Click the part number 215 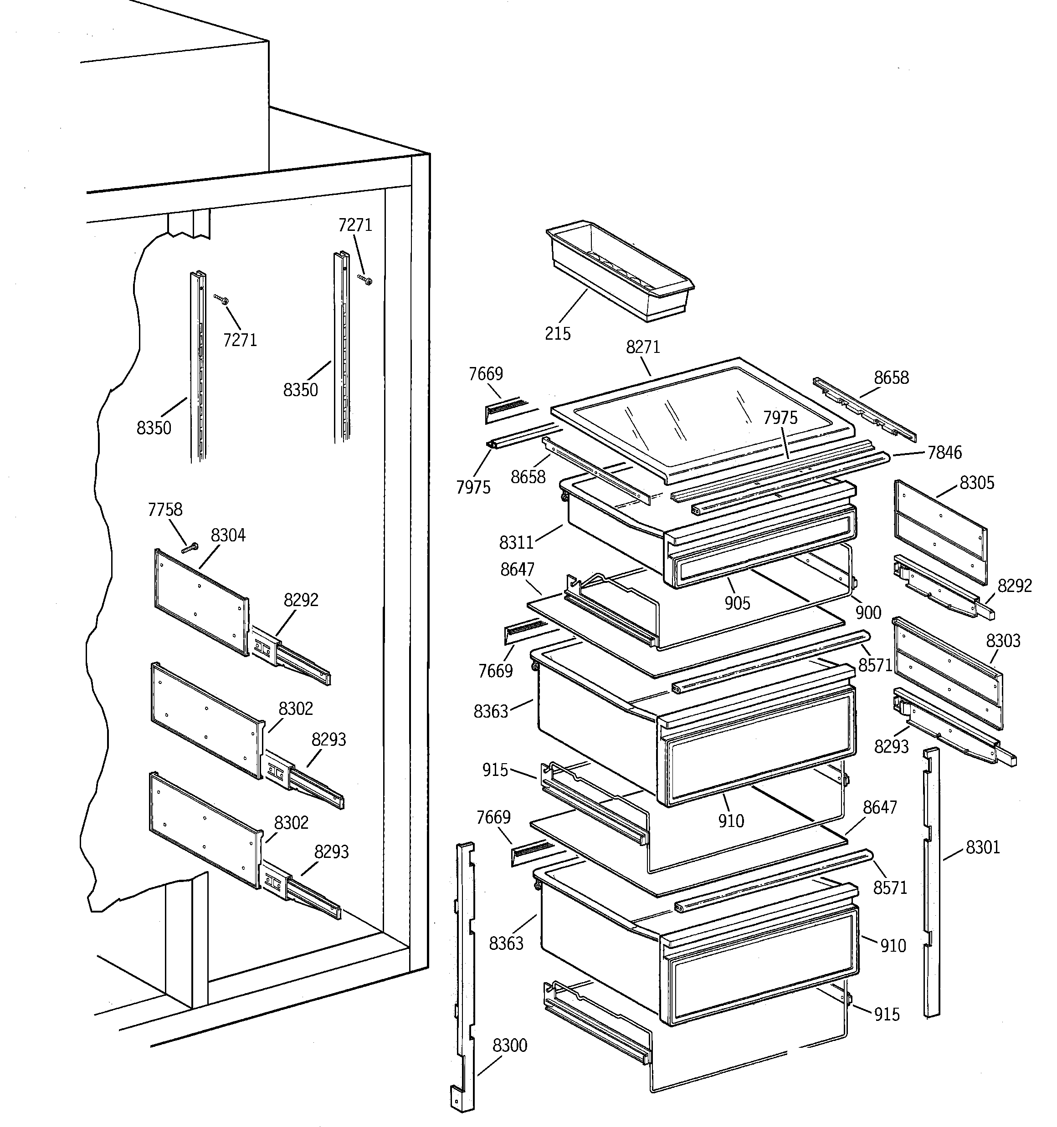coord(557,333)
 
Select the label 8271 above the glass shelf coord(643,347)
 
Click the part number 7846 coord(944,452)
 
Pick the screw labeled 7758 coord(190,548)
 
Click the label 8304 coord(228,535)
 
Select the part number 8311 coord(516,542)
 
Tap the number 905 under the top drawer coord(737,602)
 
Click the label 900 coord(867,612)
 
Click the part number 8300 coord(509,1045)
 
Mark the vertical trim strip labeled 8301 coord(931,884)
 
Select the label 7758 coord(165,509)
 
